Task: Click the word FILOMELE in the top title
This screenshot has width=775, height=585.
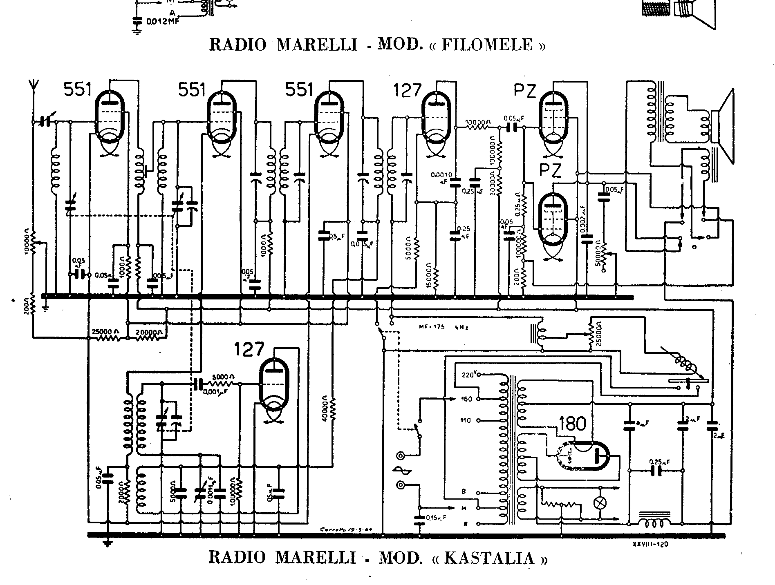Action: pos(487,44)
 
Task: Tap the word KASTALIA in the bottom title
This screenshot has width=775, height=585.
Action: pos(489,557)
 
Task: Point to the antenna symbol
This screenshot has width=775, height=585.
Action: pos(33,88)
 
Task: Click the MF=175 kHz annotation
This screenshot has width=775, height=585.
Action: pos(443,326)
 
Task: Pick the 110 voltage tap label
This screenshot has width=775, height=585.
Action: pos(466,420)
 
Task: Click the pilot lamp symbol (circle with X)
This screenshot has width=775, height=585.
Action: pos(600,503)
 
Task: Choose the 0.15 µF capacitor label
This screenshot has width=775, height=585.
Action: pos(436,518)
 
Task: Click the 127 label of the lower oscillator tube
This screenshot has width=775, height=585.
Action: pos(249,350)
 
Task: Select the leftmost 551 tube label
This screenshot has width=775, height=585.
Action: pos(78,89)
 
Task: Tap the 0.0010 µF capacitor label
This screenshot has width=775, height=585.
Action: pos(441,177)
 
